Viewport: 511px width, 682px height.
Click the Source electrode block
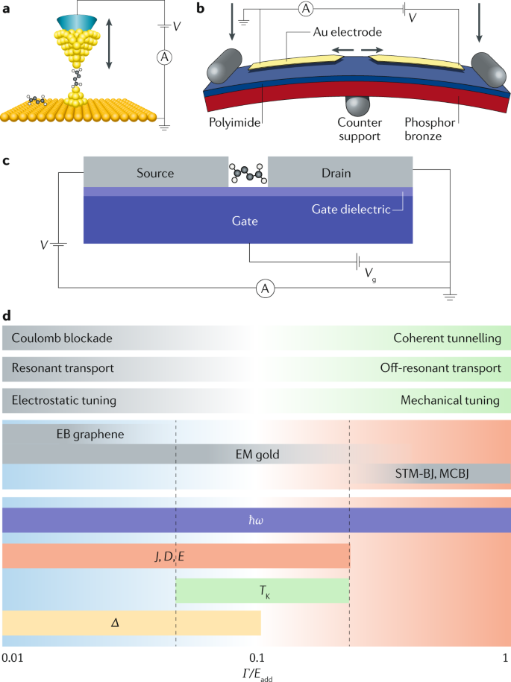tap(155, 173)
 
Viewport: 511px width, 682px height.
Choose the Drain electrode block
tap(340, 173)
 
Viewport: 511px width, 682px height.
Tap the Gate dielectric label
tap(349, 209)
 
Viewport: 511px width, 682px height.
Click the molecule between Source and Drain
tap(248, 173)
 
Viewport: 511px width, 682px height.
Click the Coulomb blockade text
tap(62, 338)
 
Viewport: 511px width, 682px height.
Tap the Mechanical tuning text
tap(449, 400)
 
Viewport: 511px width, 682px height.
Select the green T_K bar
tap(263, 590)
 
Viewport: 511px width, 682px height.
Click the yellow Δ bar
tap(132, 622)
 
